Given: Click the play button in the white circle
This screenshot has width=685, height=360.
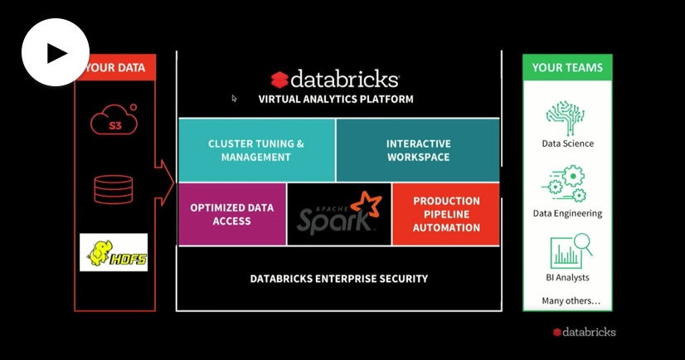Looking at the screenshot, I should click(56, 53).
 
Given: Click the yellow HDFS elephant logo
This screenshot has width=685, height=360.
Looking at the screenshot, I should click(114, 252).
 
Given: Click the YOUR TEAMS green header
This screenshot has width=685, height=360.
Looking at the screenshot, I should click(567, 67).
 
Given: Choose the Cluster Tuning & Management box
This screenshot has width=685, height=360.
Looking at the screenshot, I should click(256, 150).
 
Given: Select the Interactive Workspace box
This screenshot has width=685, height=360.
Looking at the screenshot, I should click(418, 150).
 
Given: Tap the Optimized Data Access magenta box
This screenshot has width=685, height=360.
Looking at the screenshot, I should click(232, 214).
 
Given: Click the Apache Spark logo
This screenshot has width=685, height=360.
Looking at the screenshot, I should click(338, 215).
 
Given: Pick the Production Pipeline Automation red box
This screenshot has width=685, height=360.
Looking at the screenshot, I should click(446, 214).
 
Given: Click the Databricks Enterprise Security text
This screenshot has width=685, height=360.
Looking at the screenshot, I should click(339, 279).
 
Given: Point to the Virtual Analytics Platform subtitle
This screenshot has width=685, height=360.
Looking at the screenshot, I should click(336, 99).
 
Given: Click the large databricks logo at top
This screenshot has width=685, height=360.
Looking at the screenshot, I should click(335, 80).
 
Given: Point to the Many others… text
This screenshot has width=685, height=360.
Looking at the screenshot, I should click(571, 300).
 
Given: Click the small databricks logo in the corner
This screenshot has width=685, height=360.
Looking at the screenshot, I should click(585, 332).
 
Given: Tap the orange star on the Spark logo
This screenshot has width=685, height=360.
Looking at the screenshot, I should click(364, 205).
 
